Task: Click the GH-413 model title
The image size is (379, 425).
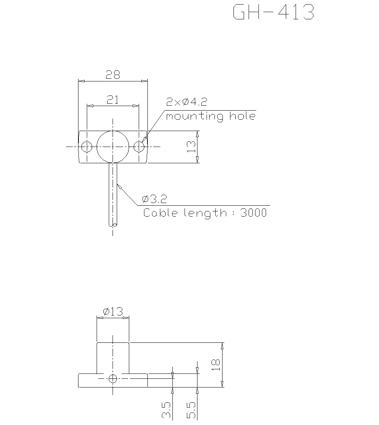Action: point(273,12)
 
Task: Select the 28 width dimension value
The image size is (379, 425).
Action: point(113,75)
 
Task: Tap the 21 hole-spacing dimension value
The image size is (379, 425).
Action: point(113,100)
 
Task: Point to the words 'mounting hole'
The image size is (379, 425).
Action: point(211,116)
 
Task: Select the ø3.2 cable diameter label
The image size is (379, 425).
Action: point(155,199)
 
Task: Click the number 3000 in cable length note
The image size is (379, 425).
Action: point(254,213)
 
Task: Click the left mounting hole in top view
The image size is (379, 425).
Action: point(87,146)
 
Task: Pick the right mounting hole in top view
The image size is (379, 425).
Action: point(139,146)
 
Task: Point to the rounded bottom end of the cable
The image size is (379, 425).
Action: point(113,225)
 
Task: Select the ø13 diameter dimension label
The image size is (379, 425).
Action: point(113,312)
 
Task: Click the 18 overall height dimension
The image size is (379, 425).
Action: point(216,365)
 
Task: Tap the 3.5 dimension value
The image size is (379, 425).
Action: point(166,410)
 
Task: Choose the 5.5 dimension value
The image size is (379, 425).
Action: point(191,410)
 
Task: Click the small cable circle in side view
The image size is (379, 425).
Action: point(113,378)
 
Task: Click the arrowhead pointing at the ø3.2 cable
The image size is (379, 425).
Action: point(119,186)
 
